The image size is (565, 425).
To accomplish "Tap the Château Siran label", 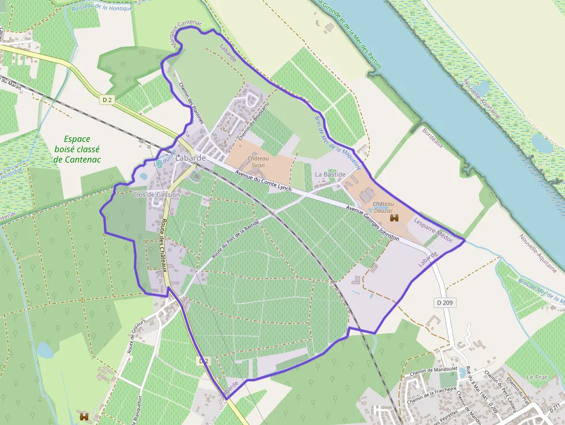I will pos(258,161).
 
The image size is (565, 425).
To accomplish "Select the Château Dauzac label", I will pos(383,208).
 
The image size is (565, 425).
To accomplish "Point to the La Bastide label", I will pos(330,174).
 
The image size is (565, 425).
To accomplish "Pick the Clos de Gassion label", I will pos(156,195).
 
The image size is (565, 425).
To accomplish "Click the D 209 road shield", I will pos(441,302).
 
